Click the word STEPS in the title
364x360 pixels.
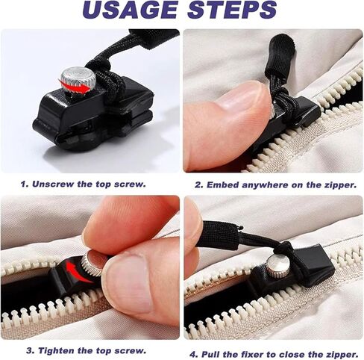(x=232, y=10)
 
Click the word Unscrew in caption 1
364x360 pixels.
(x=53, y=184)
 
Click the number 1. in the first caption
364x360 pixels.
(x=25, y=184)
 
